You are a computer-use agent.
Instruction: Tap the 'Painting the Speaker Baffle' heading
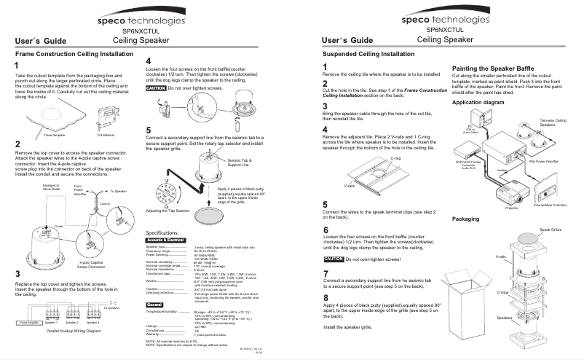492,68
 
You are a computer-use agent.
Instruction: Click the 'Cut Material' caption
107,135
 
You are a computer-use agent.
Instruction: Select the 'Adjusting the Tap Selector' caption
173,210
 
